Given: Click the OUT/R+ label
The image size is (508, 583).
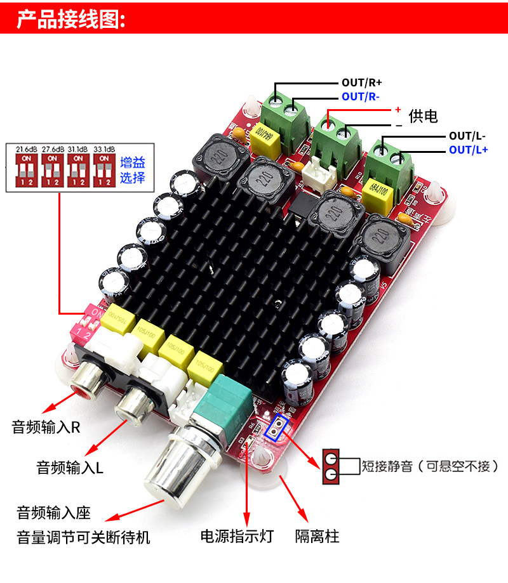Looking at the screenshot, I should tap(362, 82).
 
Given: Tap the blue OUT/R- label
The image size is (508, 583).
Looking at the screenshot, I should tap(361, 96).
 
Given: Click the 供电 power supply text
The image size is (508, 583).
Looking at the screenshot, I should tap(424, 115).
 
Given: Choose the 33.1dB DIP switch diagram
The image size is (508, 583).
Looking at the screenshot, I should tap(104, 166).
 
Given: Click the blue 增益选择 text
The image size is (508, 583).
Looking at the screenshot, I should tap(132, 169).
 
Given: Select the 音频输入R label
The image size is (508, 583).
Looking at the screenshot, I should tap(46, 426).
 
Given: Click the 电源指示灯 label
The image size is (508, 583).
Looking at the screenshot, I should tap(236, 536).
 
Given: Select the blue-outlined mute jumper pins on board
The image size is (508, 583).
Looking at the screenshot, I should tap(277, 429).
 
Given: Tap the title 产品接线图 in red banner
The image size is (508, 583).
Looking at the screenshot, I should tap(71, 18).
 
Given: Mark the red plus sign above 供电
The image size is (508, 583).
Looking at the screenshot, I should tap(398, 109).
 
